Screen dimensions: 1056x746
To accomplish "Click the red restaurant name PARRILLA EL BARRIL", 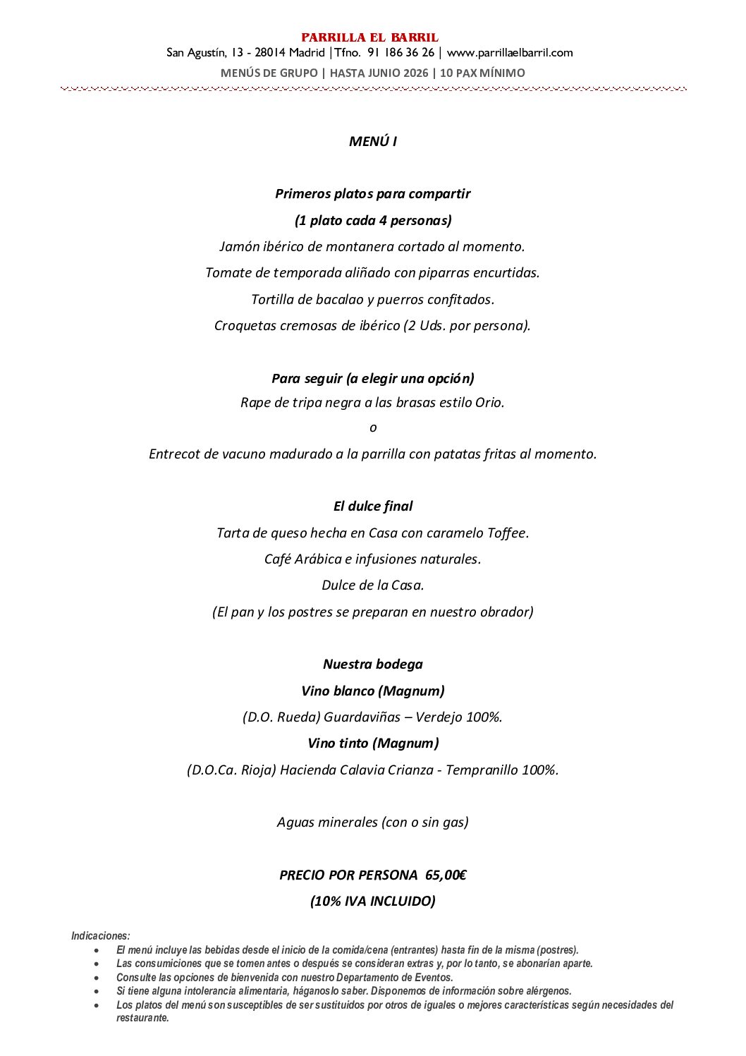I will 369,37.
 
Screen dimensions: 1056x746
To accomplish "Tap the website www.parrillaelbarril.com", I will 510,53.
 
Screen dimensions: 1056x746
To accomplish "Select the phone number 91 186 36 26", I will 400,53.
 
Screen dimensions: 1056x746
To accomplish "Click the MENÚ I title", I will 372,142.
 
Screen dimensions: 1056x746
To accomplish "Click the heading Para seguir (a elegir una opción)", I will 372,379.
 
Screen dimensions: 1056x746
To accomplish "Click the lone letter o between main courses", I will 373,427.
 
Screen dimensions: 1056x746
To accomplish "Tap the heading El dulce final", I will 372,506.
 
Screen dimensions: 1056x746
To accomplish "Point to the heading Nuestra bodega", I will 372,664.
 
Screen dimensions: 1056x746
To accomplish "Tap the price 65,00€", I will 446,875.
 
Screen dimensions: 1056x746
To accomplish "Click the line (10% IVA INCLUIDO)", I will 372,902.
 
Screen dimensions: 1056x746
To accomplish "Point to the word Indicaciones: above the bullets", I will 101,936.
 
